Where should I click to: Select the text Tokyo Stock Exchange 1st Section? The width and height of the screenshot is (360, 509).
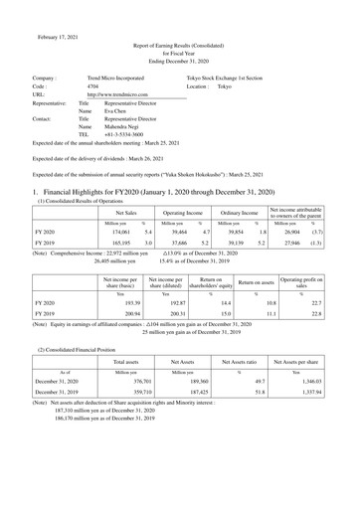tap(238, 77)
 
